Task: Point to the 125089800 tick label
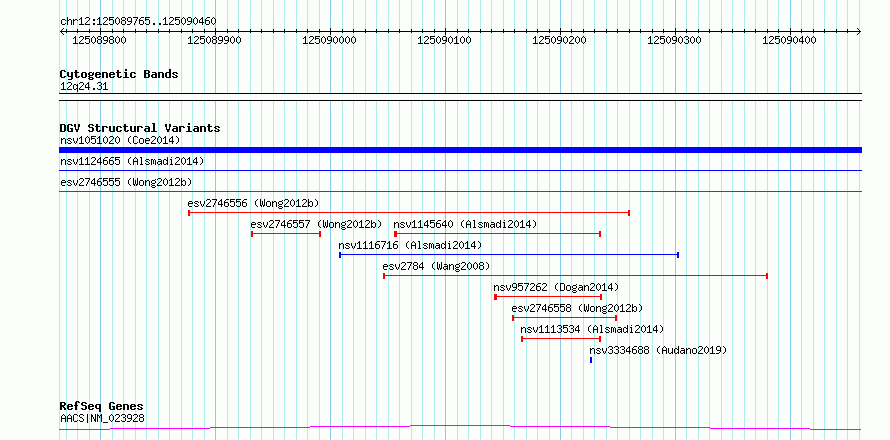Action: (100, 41)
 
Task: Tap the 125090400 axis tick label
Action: (790, 41)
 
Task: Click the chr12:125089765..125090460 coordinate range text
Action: (138, 22)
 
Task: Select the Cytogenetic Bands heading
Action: (119, 74)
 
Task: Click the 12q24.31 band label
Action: (83, 87)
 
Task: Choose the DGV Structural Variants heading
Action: (140, 128)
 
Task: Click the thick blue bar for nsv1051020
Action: (460, 150)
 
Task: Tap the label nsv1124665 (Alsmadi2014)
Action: (132, 162)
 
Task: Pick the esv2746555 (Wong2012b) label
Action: (126, 182)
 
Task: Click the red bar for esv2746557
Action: (286, 234)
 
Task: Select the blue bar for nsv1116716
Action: (509, 255)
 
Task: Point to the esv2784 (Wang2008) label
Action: (436, 266)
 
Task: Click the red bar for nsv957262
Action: (548, 297)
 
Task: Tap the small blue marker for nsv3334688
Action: (591, 360)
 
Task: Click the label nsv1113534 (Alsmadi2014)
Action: (592, 329)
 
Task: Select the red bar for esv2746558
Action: (564, 318)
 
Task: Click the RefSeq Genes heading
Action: (102, 407)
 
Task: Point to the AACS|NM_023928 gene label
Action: (102, 419)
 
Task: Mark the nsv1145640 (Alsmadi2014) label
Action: (465, 224)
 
